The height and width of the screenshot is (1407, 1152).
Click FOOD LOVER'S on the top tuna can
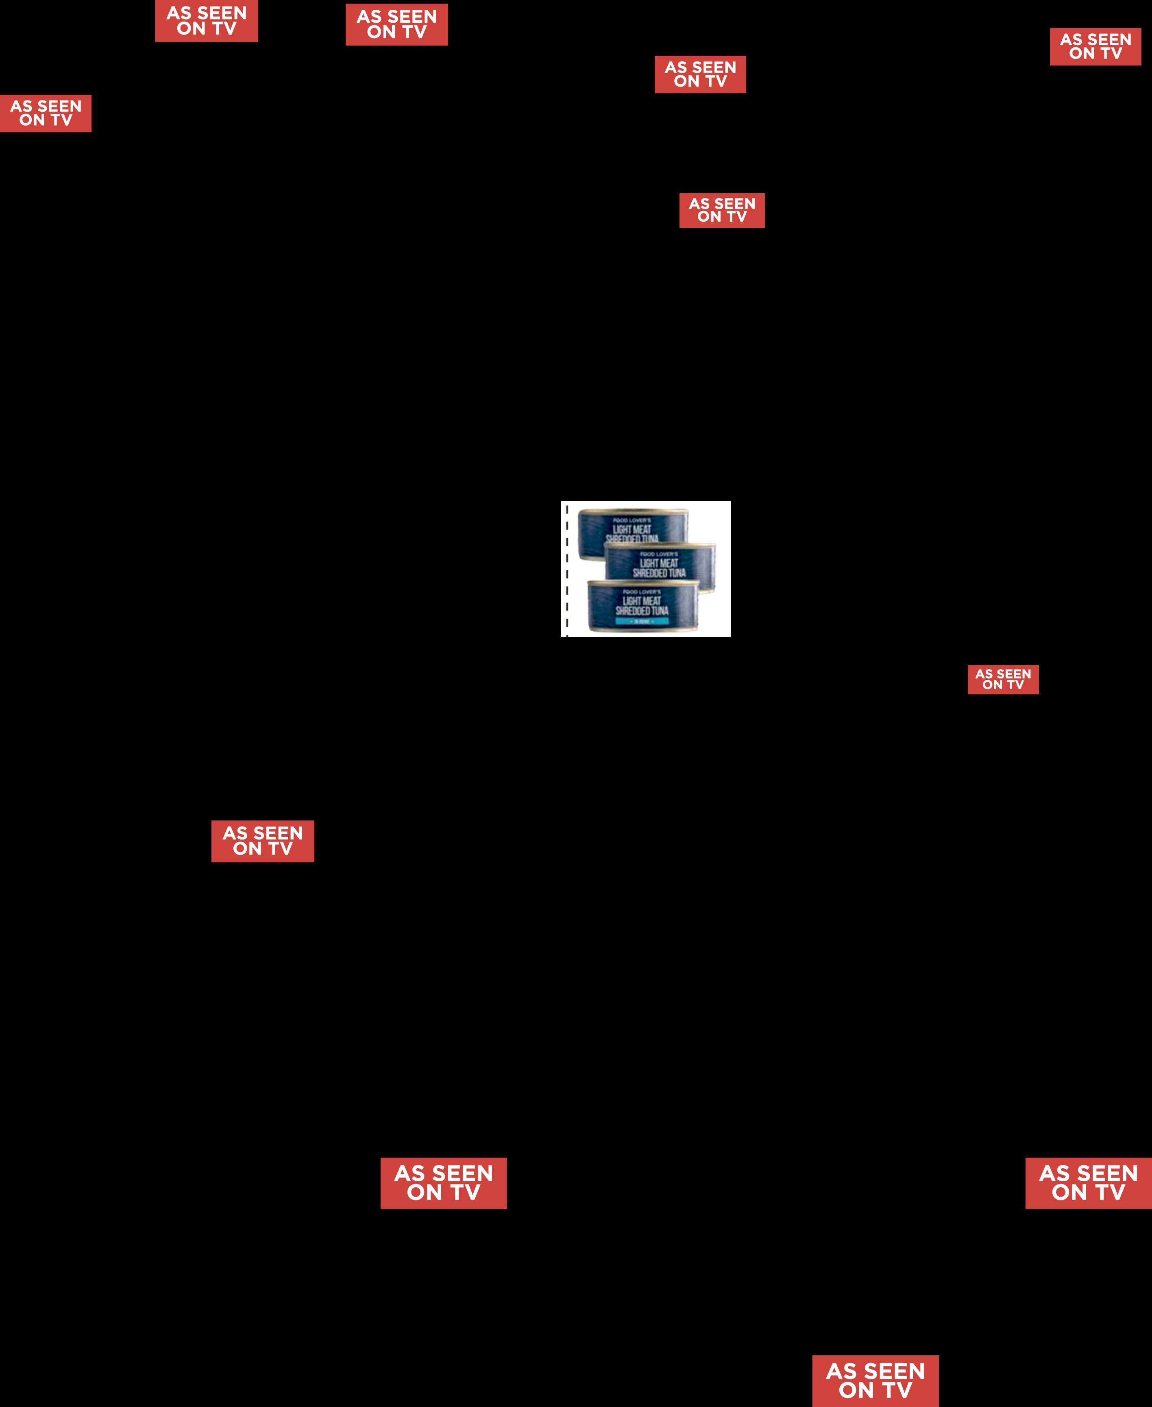click(632, 520)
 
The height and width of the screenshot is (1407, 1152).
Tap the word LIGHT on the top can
click(622, 530)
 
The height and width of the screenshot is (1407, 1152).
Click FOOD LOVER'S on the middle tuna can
click(659, 554)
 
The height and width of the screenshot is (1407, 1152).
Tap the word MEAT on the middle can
click(669, 563)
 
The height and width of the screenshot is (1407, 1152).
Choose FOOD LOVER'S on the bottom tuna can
click(642, 592)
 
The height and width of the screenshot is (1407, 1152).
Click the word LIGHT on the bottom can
click(632, 601)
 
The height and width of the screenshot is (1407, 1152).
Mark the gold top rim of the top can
click(632, 511)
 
